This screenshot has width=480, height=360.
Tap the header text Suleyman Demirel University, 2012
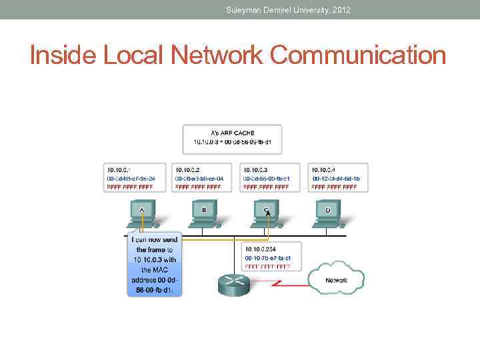(x=288, y=9)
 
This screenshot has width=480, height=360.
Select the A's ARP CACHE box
(x=232, y=138)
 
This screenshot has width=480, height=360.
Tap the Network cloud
(x=336, y=279)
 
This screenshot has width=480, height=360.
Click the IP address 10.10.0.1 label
(x=119, y=171)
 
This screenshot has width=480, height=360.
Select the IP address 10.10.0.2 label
(x=188, y=171)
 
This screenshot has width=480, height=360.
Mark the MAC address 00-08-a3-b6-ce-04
(x=199, y=179)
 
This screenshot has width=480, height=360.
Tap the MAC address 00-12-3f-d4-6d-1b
(x=336, y=179)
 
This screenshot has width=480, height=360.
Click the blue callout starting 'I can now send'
(x=154, y=265)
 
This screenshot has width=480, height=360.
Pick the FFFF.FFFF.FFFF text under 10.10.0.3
(x=266, y=187)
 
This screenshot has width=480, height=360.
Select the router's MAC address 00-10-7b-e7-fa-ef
(x=268, y=258)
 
